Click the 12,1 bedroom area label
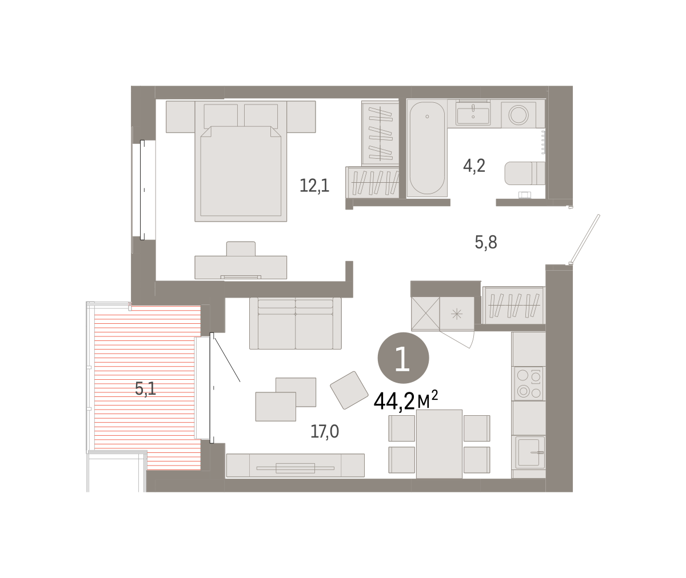click(x=314, y=186)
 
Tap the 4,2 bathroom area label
click(x=474, y=166)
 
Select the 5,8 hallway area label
click(x=486, y=243)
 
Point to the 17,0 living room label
click(x=325, y=431)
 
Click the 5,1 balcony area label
click(x=145, y=389)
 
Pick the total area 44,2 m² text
click(x=406, y=401)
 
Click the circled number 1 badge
click(x=403, y=358)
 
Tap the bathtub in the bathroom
click(x=427, y=148)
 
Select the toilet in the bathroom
click(x=524, y=173)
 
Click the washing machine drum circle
click(x=519, y=115)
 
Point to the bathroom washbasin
click(x=473, y=113)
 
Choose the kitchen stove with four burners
click(x=528, y=383)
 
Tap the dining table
click(x=439, y=444)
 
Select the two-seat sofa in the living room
click(x=296, y=323)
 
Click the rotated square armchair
click(x=349, y=390)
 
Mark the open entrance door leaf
click(x=585, y=239)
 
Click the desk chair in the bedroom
click(x=241, y=249)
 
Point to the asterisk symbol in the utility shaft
click(x=456, y=314)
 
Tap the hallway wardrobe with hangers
click(x=513, y=305)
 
